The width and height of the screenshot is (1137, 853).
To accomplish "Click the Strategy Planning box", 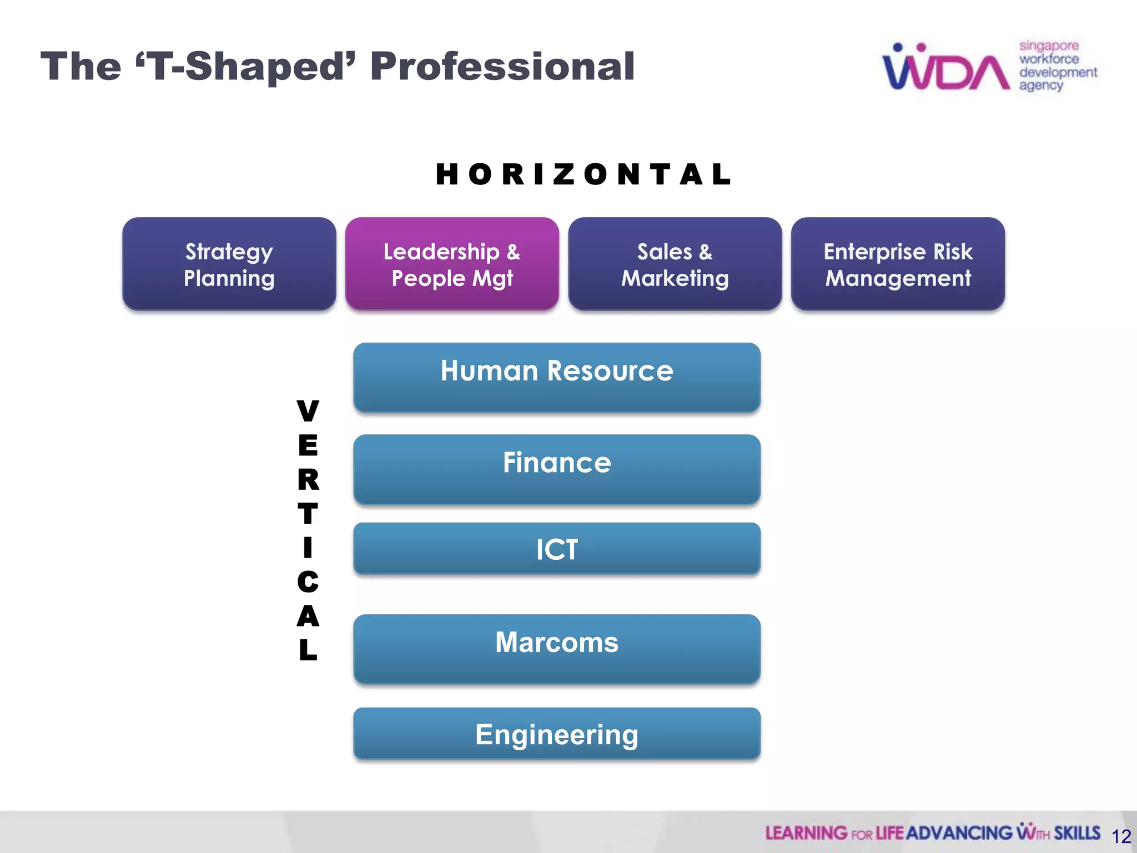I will pyautogui.click(x=229, y=264).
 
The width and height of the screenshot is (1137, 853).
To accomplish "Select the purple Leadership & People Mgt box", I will pyautogui.click(x=452, y=264).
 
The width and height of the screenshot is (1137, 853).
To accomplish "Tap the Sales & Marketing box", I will pyautogui.click(x=675, y=264).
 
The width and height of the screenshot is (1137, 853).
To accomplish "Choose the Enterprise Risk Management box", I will pyautogui.click(x=898, y=264).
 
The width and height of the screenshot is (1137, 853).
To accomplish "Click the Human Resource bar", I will pyautogui.click(x=556, y=377).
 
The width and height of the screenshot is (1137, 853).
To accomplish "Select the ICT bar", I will pyautogui.click(x=556, y=549).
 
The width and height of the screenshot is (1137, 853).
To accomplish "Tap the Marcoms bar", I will pyautogui.click(x=556, y=648).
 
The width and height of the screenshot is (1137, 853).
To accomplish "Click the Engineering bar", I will pyautogui.click(x=556, y=734).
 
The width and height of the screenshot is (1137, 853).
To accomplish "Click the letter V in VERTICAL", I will pyautogui.click(x=308, y=411).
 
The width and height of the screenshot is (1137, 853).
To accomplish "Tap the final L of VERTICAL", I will pyautogui.click(x=308, y=650).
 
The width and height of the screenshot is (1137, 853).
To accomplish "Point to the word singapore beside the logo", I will pyautogui.click(x=1049, y=46).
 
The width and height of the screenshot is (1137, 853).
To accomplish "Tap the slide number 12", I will pyautogui.click(x=1121, y=836).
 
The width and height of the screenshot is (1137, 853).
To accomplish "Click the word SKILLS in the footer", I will pyautogui.click(x=1077, y=833).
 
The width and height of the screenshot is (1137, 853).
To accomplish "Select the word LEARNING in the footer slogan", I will pyautogui.click(x=806, y=833).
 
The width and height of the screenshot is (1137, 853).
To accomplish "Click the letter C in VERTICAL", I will pyautogui.click(x=308, y=582).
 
